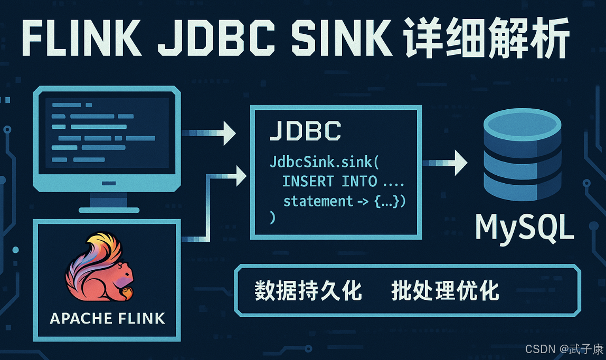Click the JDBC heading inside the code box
(305, 131)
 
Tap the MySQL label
(524, 228)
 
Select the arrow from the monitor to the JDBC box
(208, 132)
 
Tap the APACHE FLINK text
(107, 318)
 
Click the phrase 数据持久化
(308, 291)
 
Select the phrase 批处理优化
(445, 291)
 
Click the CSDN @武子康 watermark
(564, 349)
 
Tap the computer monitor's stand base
(109, 210)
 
